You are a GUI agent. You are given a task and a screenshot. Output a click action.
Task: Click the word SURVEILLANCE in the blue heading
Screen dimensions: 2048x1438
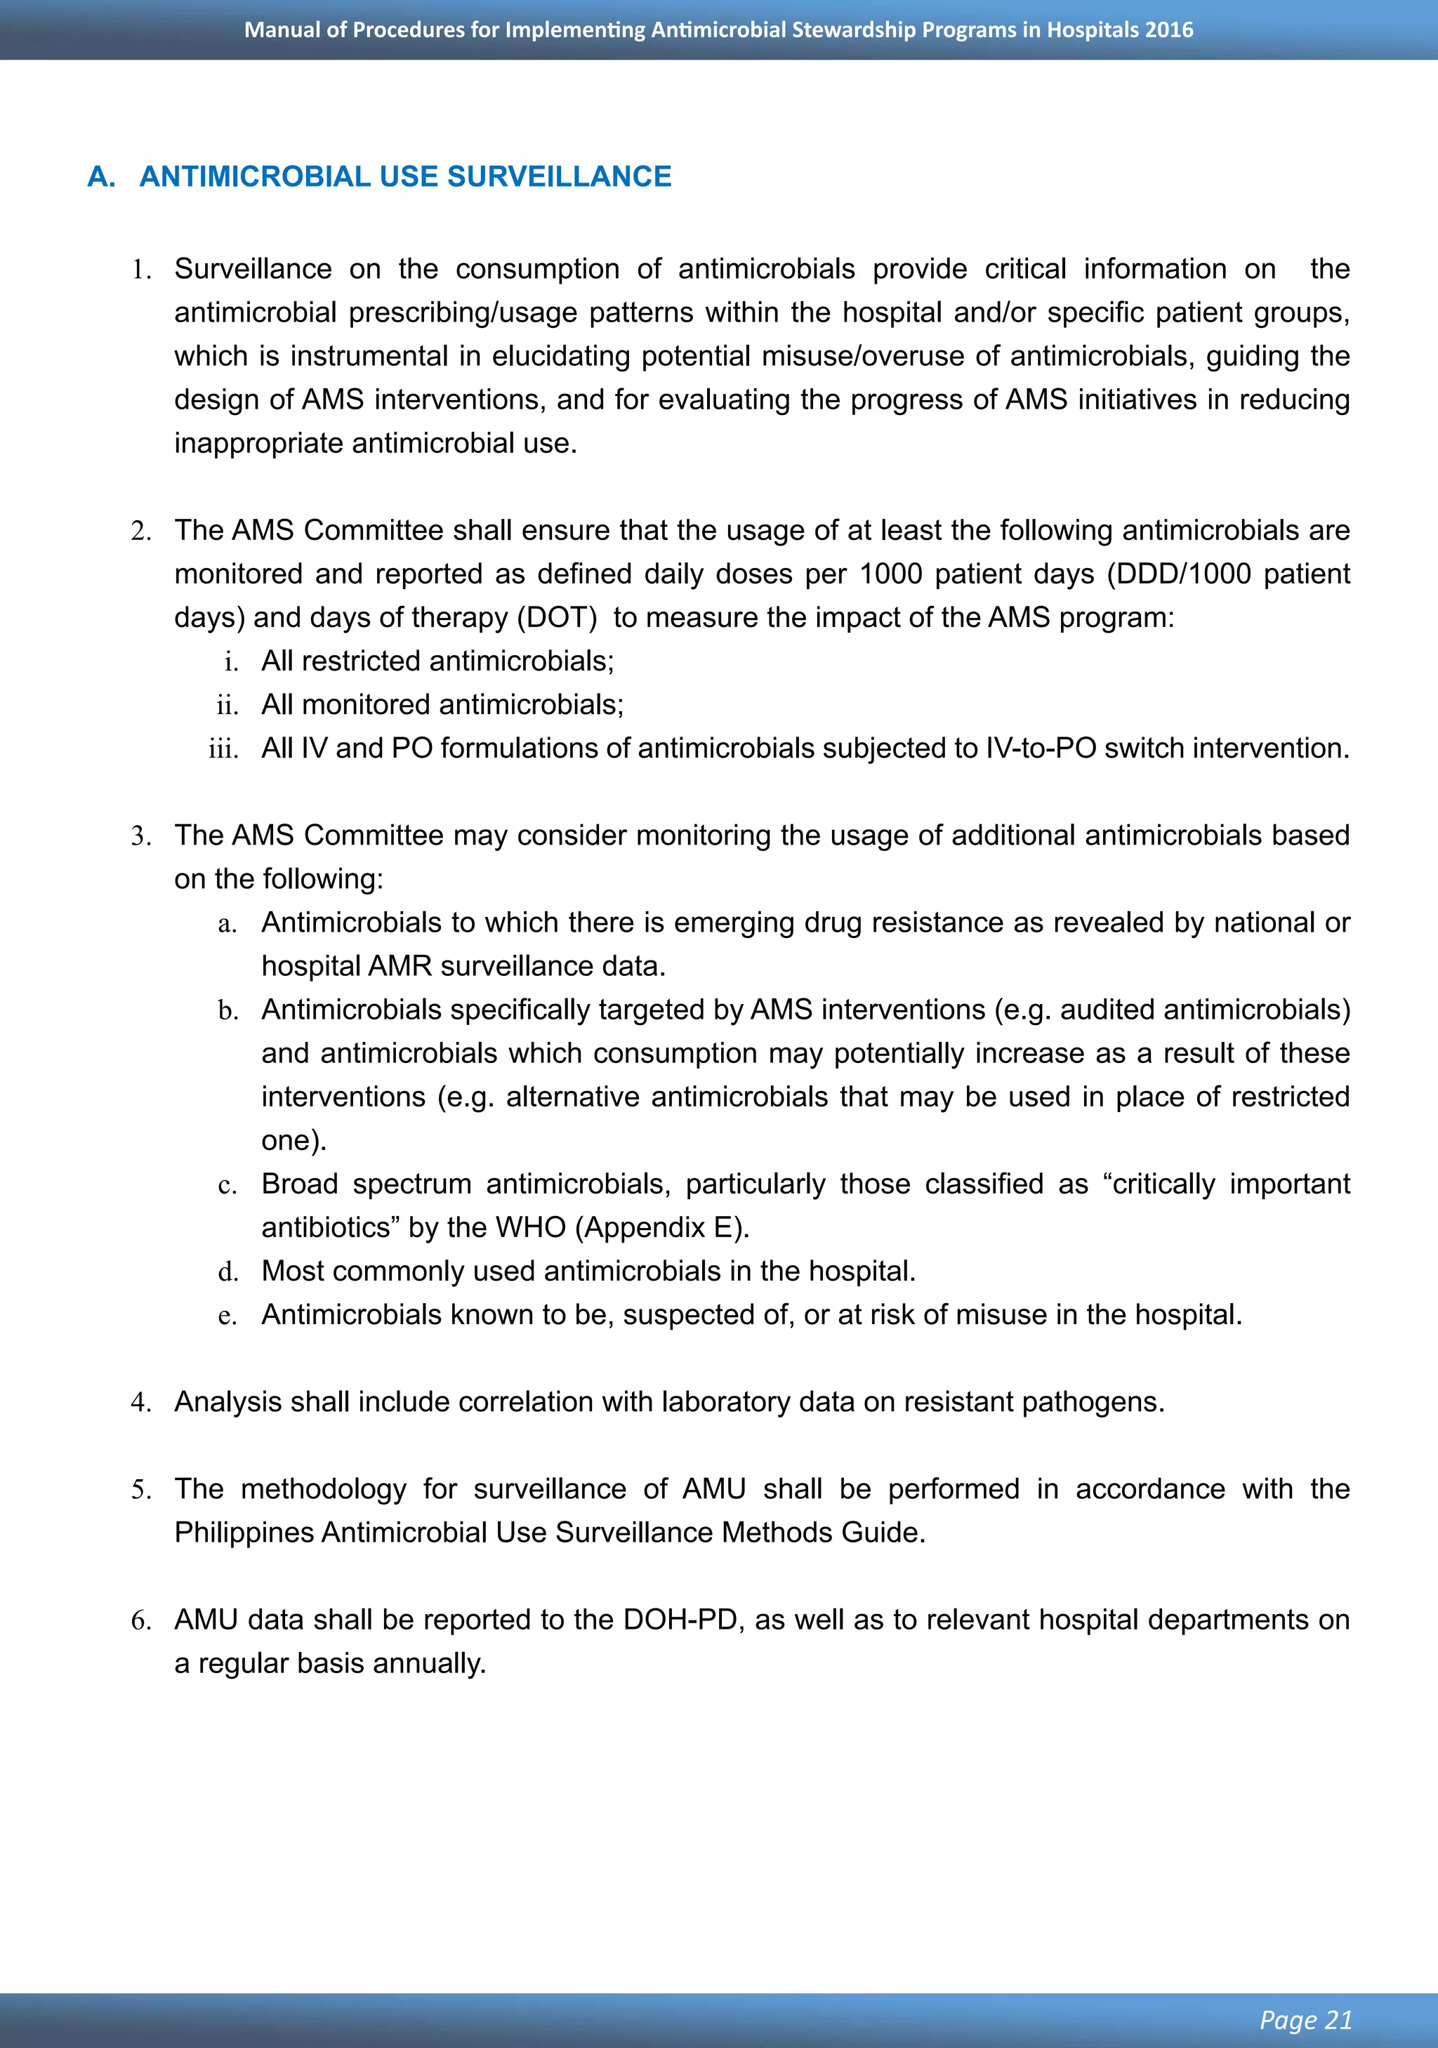560,177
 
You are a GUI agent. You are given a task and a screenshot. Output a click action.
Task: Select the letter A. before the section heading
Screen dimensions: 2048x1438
101,177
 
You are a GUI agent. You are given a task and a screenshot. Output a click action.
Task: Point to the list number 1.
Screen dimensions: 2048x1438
141,270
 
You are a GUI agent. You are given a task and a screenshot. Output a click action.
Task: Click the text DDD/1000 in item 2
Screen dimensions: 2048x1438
1180,574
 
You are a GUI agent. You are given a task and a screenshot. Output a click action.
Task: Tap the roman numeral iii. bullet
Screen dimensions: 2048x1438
223,749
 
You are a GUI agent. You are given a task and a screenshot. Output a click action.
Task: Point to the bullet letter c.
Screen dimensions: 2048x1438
227,1185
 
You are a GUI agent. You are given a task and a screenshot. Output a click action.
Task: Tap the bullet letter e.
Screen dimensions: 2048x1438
227,1316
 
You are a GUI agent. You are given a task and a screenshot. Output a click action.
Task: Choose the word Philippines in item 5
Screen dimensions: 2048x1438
244,1533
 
